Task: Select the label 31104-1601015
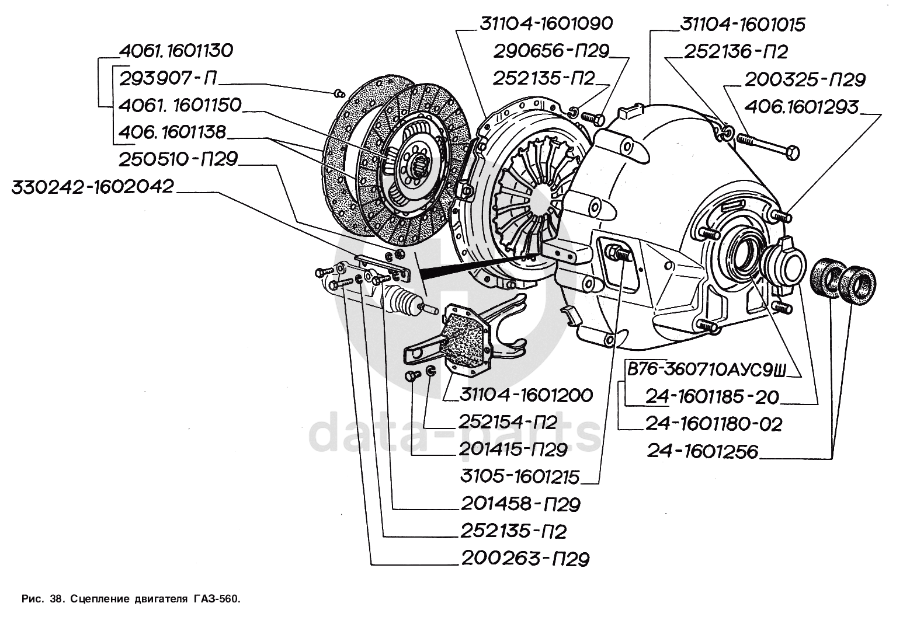pos(742,25)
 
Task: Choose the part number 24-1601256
pos(702,451)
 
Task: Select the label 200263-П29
pos(525,559)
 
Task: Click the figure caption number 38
pos(55,599)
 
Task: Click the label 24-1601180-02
pos(713,424)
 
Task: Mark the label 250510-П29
pos(179,159)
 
